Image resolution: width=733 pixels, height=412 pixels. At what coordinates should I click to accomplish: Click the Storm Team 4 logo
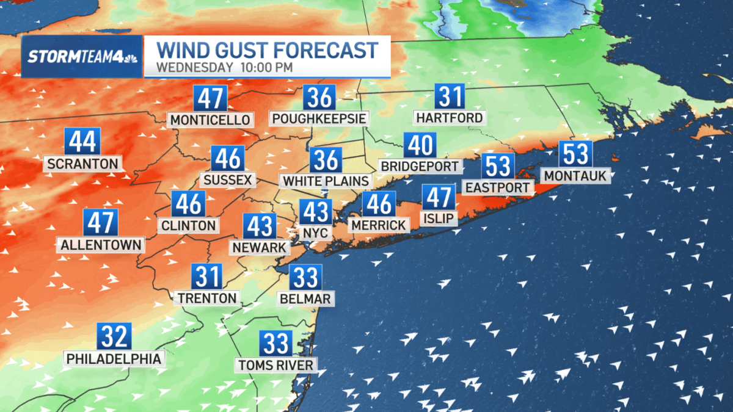(82, 56)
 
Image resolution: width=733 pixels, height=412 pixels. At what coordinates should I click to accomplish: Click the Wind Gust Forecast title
(265, 49)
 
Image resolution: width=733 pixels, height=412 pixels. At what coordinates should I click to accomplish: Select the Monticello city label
(210, 120)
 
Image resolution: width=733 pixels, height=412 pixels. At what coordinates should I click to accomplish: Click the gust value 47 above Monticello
(210, 98)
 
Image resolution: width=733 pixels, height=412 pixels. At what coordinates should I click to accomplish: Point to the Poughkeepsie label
(319, 118)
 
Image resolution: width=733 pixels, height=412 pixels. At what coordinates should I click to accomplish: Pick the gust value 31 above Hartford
(449, 96)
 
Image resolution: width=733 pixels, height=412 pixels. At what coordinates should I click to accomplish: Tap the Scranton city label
(82, 164)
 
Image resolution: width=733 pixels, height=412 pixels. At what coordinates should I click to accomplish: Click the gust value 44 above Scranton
(82, 142)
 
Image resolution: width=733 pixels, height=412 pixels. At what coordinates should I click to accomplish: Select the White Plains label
(326, 181)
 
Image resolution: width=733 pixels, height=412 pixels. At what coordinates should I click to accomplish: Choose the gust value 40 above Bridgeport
(420, 146)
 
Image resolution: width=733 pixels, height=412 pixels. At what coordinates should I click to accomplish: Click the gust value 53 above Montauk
(575, 154)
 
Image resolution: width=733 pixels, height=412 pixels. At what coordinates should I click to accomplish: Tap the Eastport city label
(497, 187)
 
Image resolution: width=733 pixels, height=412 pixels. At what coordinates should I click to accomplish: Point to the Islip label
(439, 219)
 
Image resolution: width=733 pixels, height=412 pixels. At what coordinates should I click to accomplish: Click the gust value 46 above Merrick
(379, 204)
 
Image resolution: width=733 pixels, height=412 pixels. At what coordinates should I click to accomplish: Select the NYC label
(316, 233)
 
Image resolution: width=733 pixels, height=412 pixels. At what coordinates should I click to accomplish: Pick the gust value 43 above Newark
(260, 226)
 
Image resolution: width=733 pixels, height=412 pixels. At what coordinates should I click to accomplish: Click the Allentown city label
(101, 245)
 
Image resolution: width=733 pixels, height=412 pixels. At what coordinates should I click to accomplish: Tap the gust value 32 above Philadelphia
(114, 336)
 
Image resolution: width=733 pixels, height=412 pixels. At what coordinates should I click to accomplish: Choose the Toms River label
(276, 366)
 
